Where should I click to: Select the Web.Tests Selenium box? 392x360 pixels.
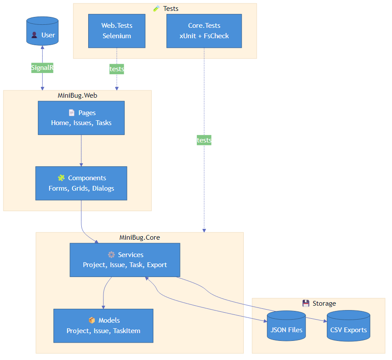pos(116,31)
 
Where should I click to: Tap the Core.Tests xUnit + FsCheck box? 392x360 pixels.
pos(204,31)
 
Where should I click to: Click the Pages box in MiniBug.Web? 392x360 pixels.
pos(81,118)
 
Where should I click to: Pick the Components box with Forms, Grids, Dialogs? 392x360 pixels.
pos(81,183)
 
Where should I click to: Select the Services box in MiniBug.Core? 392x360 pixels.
pos(125,260)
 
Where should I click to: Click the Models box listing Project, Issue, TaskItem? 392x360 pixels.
pos(103,326)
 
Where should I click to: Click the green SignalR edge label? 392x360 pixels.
pos(42,68)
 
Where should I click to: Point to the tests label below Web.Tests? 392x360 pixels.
pos(116,69)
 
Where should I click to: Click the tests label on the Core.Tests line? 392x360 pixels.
pos(204,140)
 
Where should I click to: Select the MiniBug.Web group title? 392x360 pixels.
pos(77,95)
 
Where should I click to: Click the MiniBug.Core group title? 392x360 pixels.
pos(140,238)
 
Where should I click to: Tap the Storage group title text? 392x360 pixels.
pos(324,303)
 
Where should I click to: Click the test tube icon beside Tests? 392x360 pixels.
pos(156,9)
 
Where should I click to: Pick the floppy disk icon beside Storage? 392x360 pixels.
pos(306,303)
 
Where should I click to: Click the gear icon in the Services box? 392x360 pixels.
pos(111,254)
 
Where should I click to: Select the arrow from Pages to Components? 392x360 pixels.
pos(81,151)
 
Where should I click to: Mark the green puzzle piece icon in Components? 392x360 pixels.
pos(61,178)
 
